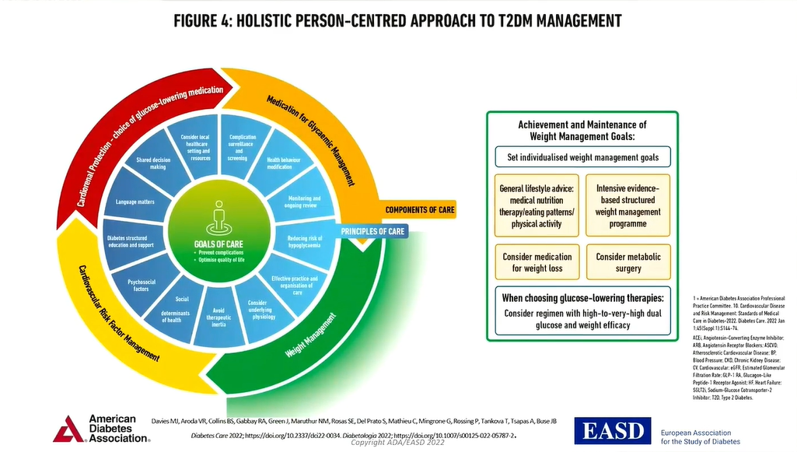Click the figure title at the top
[398, 20]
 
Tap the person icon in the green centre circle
[218, 215]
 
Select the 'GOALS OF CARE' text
[218, 243]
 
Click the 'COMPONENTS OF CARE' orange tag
[420, 209]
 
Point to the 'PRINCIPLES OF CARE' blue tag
[372, 231]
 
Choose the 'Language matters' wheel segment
[135, 201]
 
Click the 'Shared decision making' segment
[153, 163]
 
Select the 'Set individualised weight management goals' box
[582, 157]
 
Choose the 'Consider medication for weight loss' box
[537, 262]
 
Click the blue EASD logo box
[612, 430]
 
